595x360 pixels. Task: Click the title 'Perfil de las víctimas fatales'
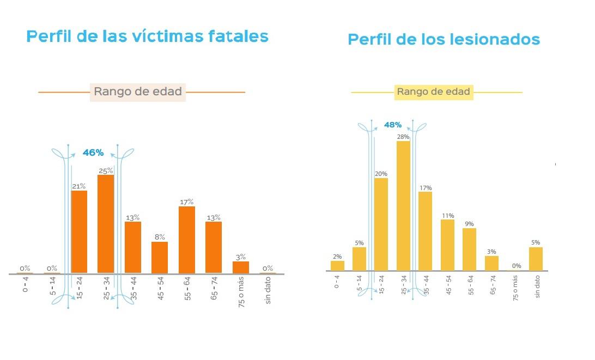pos(147,36)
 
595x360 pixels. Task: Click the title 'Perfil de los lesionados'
pos(444,40)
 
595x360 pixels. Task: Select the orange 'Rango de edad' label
pos(137,91)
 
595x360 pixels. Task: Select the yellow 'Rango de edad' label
pos(433,92)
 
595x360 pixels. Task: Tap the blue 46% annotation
pos(93,153)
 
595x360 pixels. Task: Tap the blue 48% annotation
pos(392,125)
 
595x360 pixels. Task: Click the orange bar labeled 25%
pos(106,223)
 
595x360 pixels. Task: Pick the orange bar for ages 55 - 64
pos(187,240)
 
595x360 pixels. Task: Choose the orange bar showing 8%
pos(160,257)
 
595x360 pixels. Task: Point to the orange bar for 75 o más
pos(241,267)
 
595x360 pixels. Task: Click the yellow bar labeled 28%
pos(403,206)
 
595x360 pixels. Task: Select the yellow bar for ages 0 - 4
pos(337,265)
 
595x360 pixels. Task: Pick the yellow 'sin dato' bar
pos(536,259)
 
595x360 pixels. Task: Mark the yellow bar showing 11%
pos(447,245)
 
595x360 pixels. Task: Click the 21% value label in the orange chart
pos(78,186)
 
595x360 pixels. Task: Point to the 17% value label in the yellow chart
pos(425,188)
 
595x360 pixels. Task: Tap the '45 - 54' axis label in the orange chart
pos(160,289)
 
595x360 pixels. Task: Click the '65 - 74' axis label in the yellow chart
pos(492,285)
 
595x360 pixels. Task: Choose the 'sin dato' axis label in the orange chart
pos(268,291)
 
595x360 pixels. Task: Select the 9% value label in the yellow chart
pos(469,224)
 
